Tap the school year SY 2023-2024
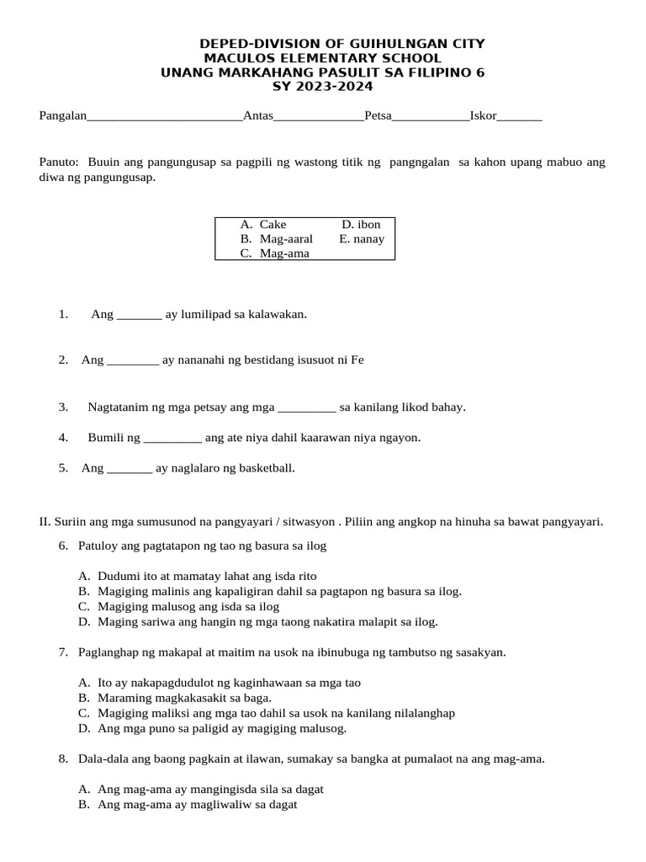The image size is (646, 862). coord(323,87)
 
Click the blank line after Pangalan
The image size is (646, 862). coord(165,118)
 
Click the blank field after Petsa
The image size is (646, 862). coord(431,118)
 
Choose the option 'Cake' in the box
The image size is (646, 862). coord(273,225)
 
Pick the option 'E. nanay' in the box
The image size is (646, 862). coord(362,239)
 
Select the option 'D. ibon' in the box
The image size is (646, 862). coord(361,225)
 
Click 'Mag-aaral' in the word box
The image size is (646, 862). coord(286,239)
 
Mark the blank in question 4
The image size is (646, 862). coord(173,439)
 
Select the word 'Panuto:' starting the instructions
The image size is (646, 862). coord(59,162)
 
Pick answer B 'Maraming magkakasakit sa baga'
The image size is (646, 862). coord(184,698)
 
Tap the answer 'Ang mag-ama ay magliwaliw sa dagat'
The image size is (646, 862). coord(198,805)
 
